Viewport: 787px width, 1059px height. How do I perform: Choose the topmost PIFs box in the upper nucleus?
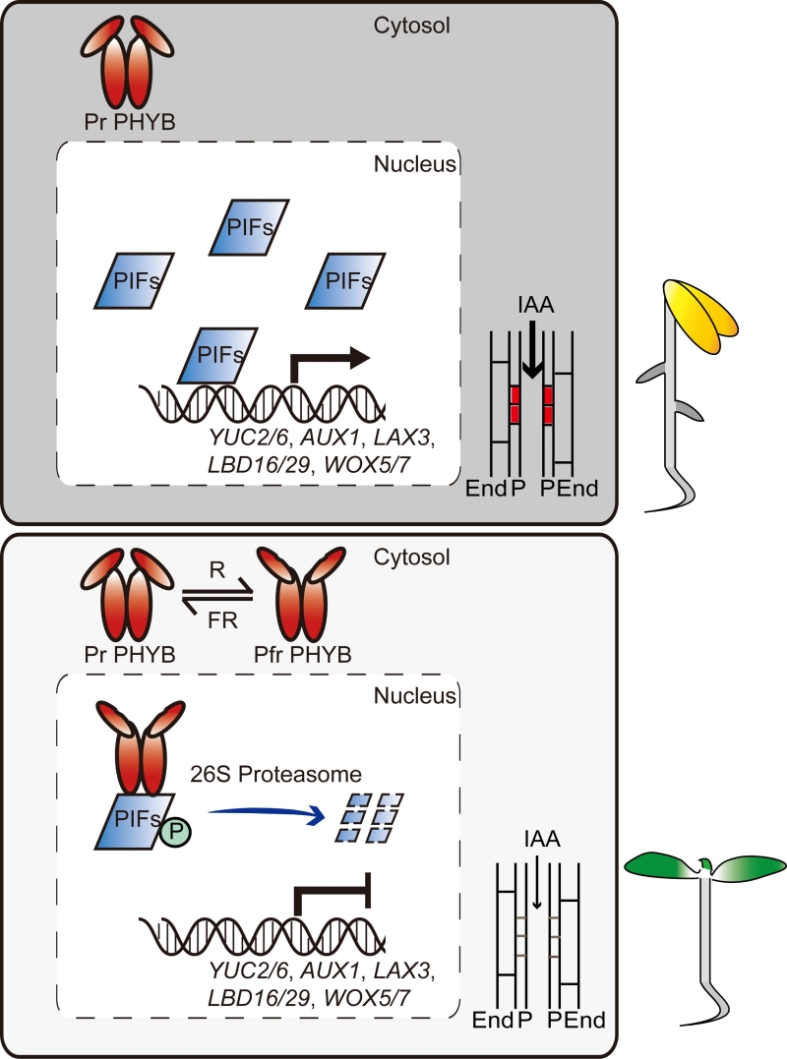tap(251, 226)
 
